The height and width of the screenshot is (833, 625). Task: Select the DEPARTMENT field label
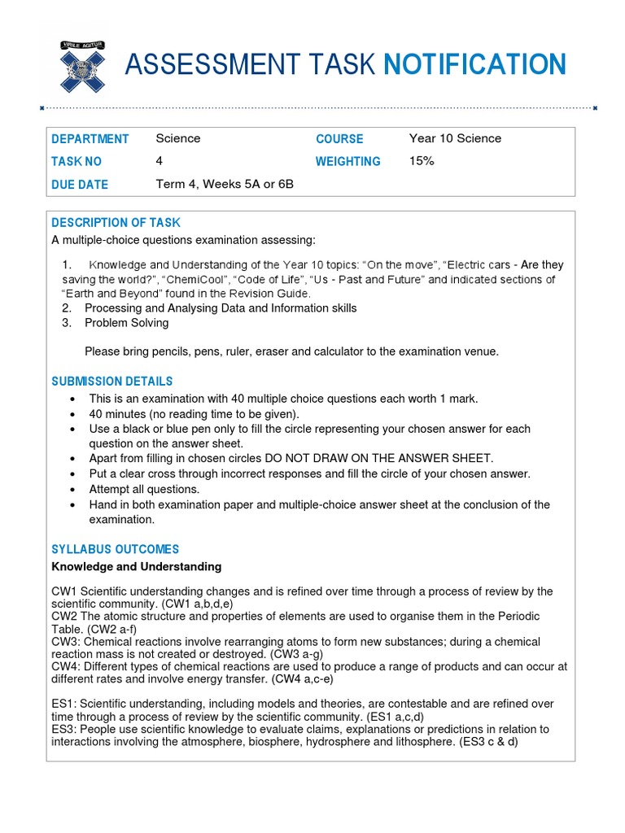click(x=90, y=139)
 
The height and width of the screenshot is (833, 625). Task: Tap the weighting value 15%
click(x=422, y=161)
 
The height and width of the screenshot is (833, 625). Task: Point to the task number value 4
click(x=160, y=161)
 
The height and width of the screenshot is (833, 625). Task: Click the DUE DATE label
click(x=79, y=185)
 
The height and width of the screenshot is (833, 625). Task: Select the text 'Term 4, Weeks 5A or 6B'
click(x=224, y=184)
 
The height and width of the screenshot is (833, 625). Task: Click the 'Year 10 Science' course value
click(x=455, y=138)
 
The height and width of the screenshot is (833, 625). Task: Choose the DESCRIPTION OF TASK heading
click(x=116, y=223)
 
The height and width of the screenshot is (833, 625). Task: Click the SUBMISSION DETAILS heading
click(x=111, y=382)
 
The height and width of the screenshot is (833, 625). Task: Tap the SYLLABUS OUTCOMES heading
click(x=115, y=550)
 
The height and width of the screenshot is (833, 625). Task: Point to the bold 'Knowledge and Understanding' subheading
click(x=136, y=566)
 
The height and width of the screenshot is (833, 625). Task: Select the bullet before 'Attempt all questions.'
click(x=74, y=490)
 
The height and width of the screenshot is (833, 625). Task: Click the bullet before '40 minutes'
click(x=74, y=414)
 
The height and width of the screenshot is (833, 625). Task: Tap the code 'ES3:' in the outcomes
click(x=64, y=729)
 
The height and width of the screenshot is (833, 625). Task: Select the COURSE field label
click(x=339, y=139)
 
